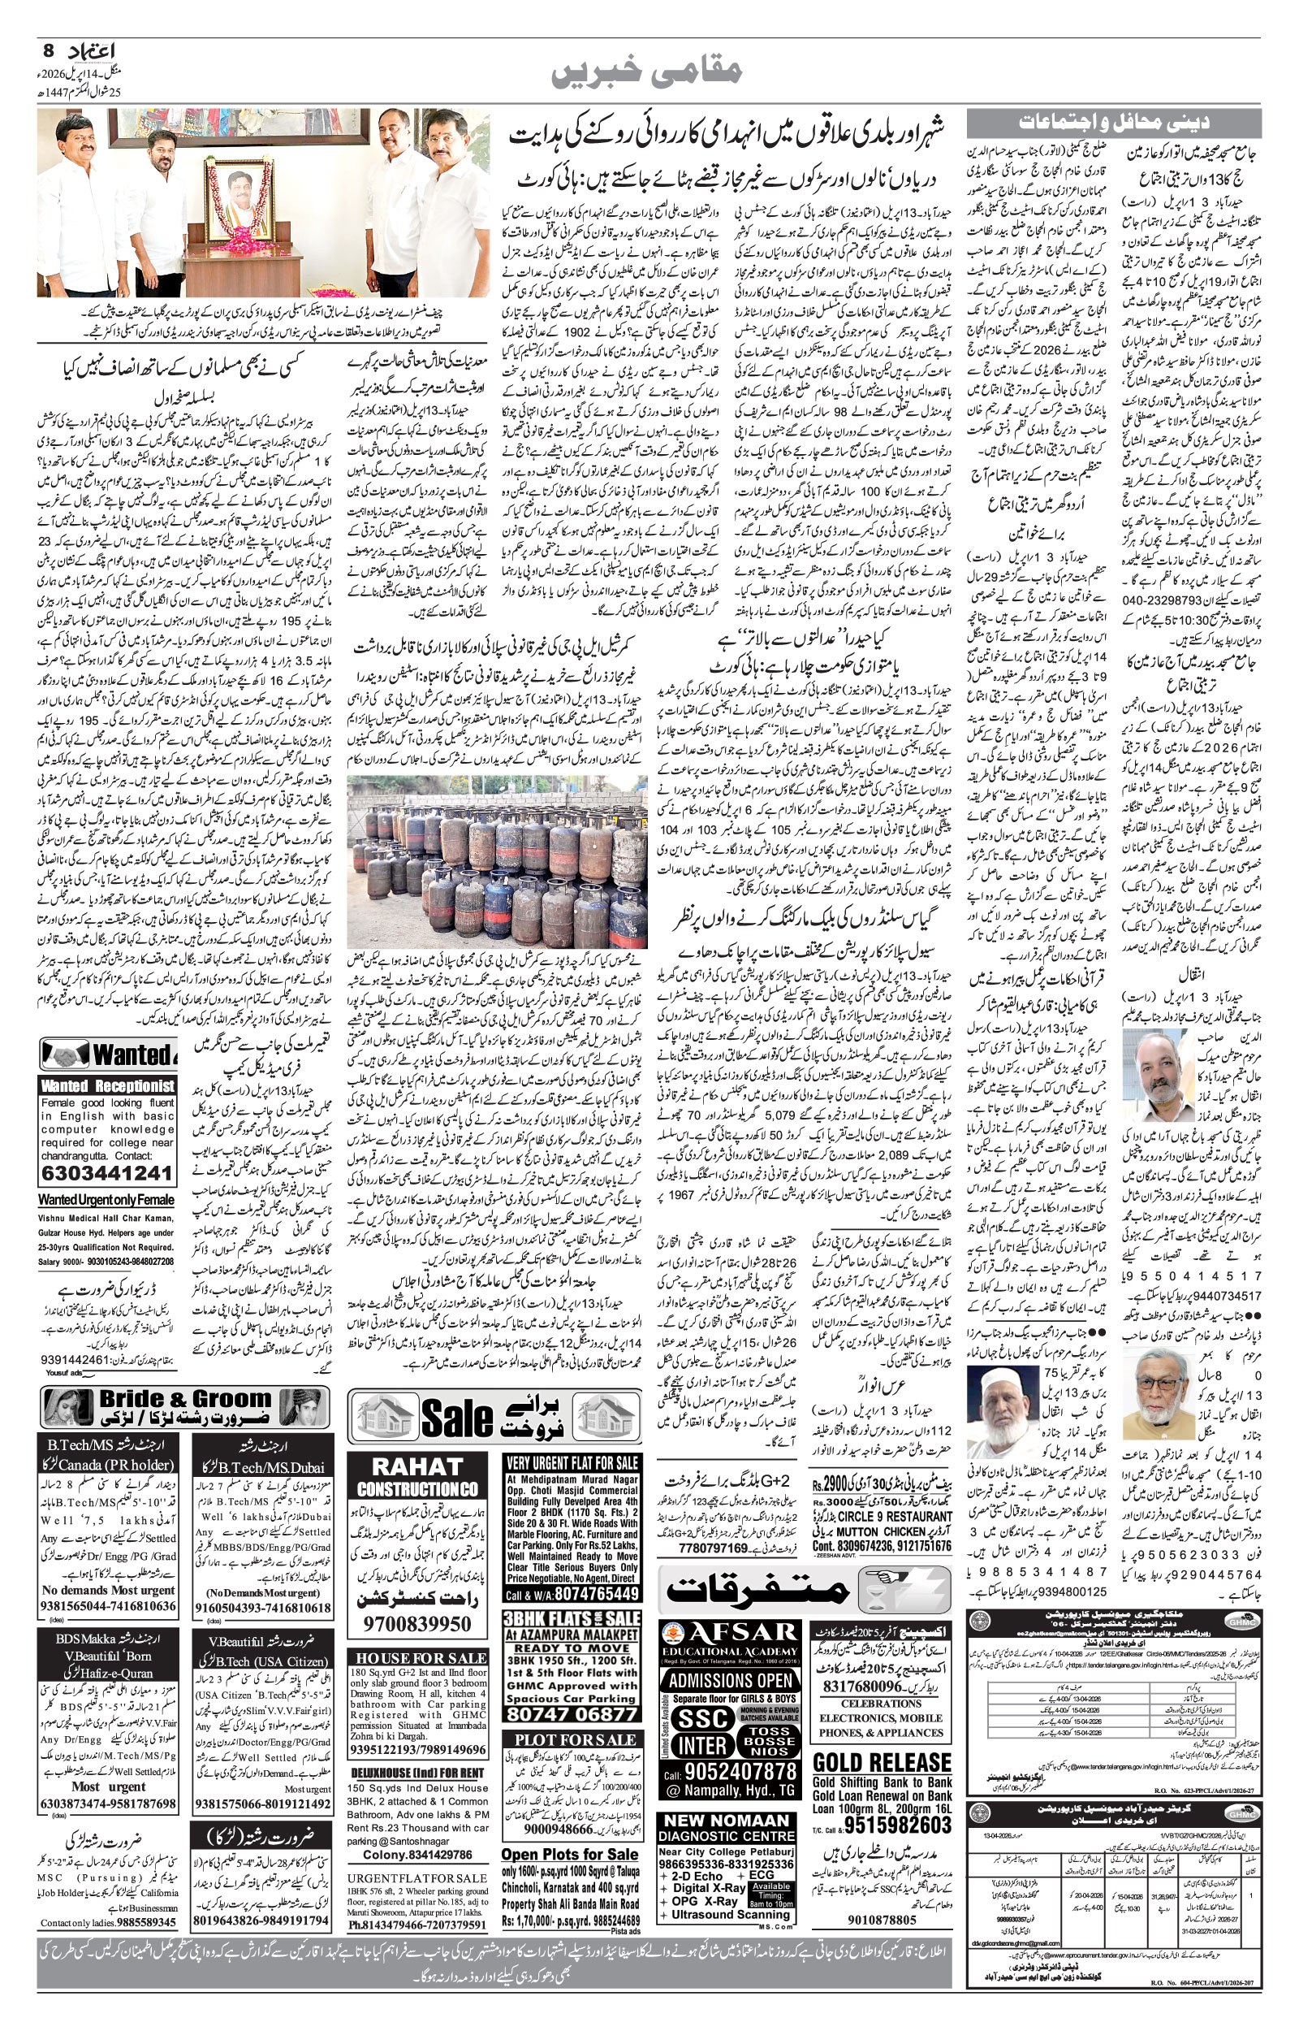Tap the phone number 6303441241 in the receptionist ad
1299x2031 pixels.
click(x=107, y=1174)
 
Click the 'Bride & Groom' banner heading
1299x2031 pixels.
click(x=185, y=1398)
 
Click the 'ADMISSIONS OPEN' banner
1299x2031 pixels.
click(x=731, y=1657)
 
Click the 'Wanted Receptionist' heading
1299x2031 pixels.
click(x=107, y=1086)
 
